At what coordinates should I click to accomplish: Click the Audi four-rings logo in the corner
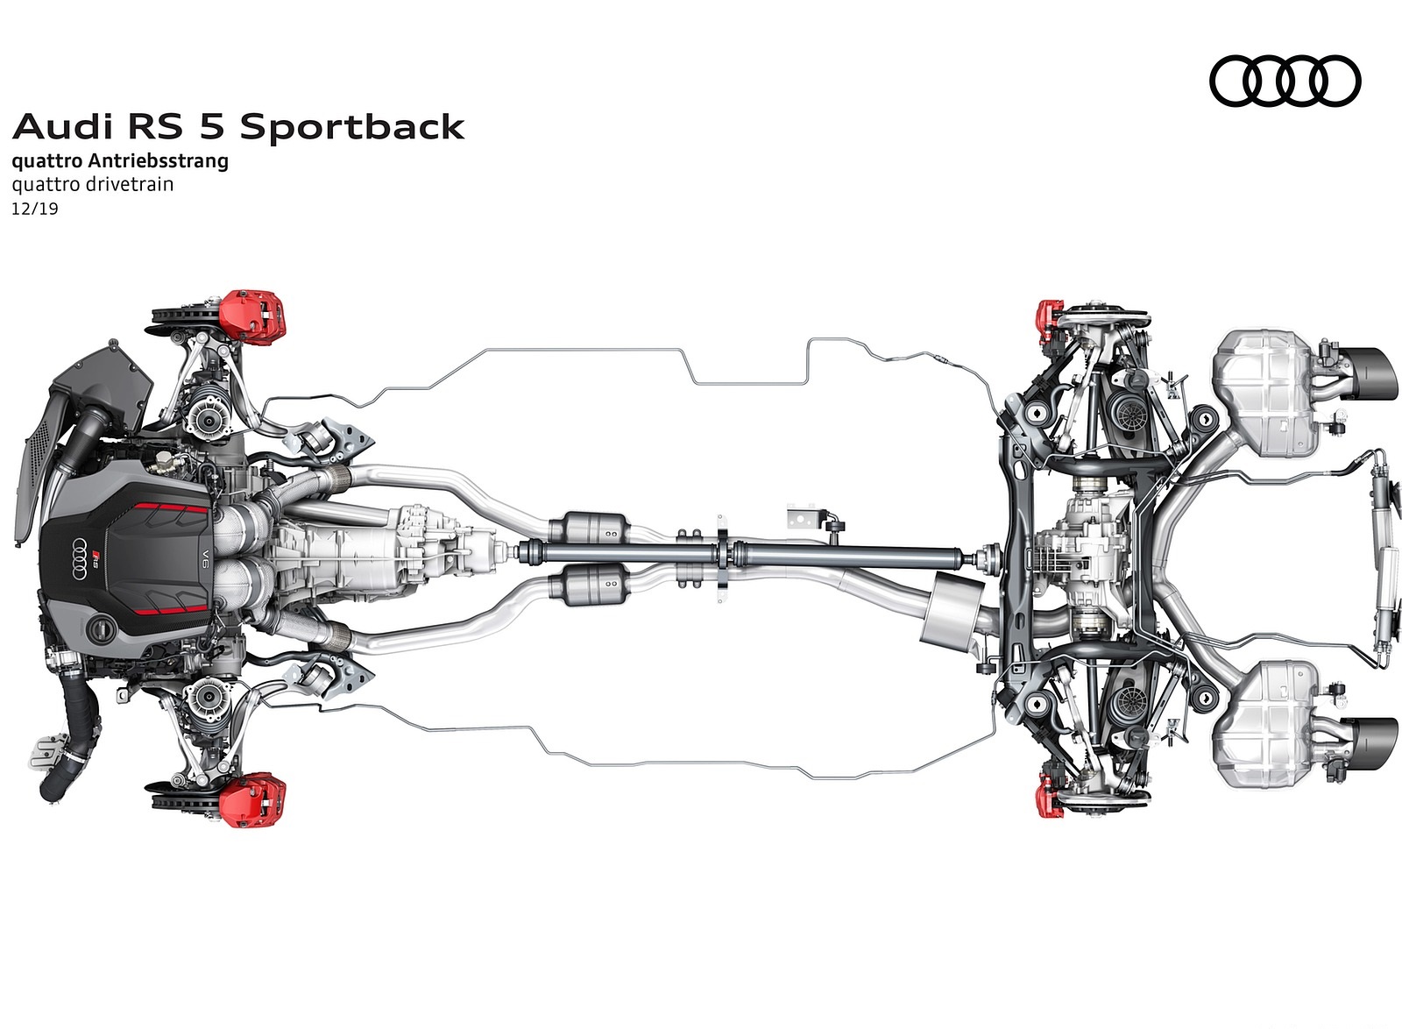1285,81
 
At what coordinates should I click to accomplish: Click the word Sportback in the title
351,127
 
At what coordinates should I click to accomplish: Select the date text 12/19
35,209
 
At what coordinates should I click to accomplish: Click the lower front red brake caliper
252,800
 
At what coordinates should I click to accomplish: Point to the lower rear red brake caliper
1048,794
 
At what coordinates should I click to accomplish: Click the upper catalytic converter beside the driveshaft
598,529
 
